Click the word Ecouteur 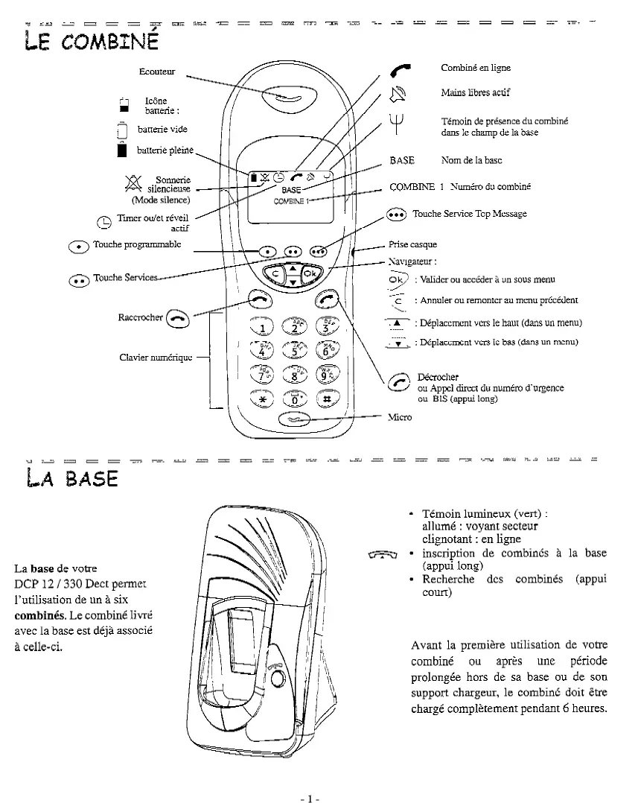(x=157, y=72)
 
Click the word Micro (x=400, y=417)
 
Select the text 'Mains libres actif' (x=475, y=92)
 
